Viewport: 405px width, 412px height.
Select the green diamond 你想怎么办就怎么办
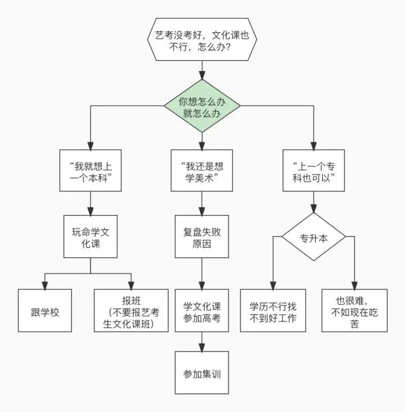point(202,106)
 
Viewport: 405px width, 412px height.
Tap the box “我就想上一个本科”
point(90,171)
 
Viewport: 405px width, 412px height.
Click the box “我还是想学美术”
point(202,171)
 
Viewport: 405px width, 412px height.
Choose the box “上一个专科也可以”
point(314,171)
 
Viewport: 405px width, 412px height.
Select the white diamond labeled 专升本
point(314,237)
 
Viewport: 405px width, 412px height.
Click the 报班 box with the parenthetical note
point(131,311)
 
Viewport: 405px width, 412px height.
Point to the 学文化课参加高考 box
point(202,311)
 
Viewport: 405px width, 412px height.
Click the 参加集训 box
point(202,373)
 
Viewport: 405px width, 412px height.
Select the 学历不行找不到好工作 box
point(273,311)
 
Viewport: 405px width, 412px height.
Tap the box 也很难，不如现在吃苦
point(355,311)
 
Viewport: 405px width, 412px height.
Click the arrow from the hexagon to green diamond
point(202,71)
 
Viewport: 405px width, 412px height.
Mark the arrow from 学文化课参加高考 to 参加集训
point(202,342)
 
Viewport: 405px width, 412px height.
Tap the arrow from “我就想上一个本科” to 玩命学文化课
point(90,203)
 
